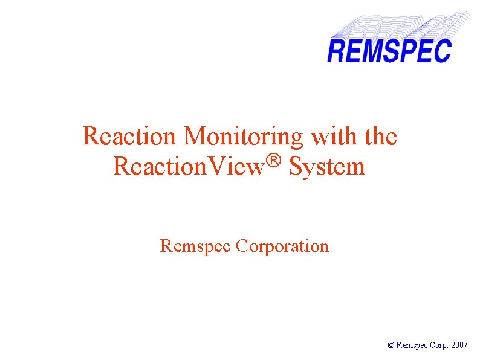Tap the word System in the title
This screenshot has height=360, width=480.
coord(327,166)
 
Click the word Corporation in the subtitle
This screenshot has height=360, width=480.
coord(282,246)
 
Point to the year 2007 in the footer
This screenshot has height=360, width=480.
coord(459,345)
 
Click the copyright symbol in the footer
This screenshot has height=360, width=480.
coord(391,345)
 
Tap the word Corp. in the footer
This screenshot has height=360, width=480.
coord(438,345)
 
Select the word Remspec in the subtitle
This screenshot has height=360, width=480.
coord(195,246)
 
